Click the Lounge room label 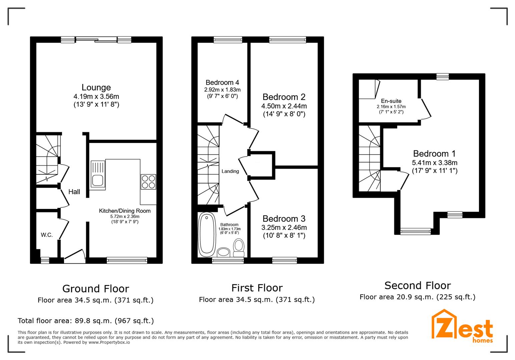point(96,88)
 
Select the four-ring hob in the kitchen point(148,182)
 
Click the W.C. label point(47,235)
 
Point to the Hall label point(74,192)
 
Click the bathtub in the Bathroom point(206,235)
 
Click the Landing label point(230,171)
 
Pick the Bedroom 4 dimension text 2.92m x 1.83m point(222,90)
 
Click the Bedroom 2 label point(284,97)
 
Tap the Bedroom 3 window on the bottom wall point(285,260)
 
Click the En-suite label point(391,101)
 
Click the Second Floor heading point(417,286)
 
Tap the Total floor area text point(86,321)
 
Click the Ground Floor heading point(95,289)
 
